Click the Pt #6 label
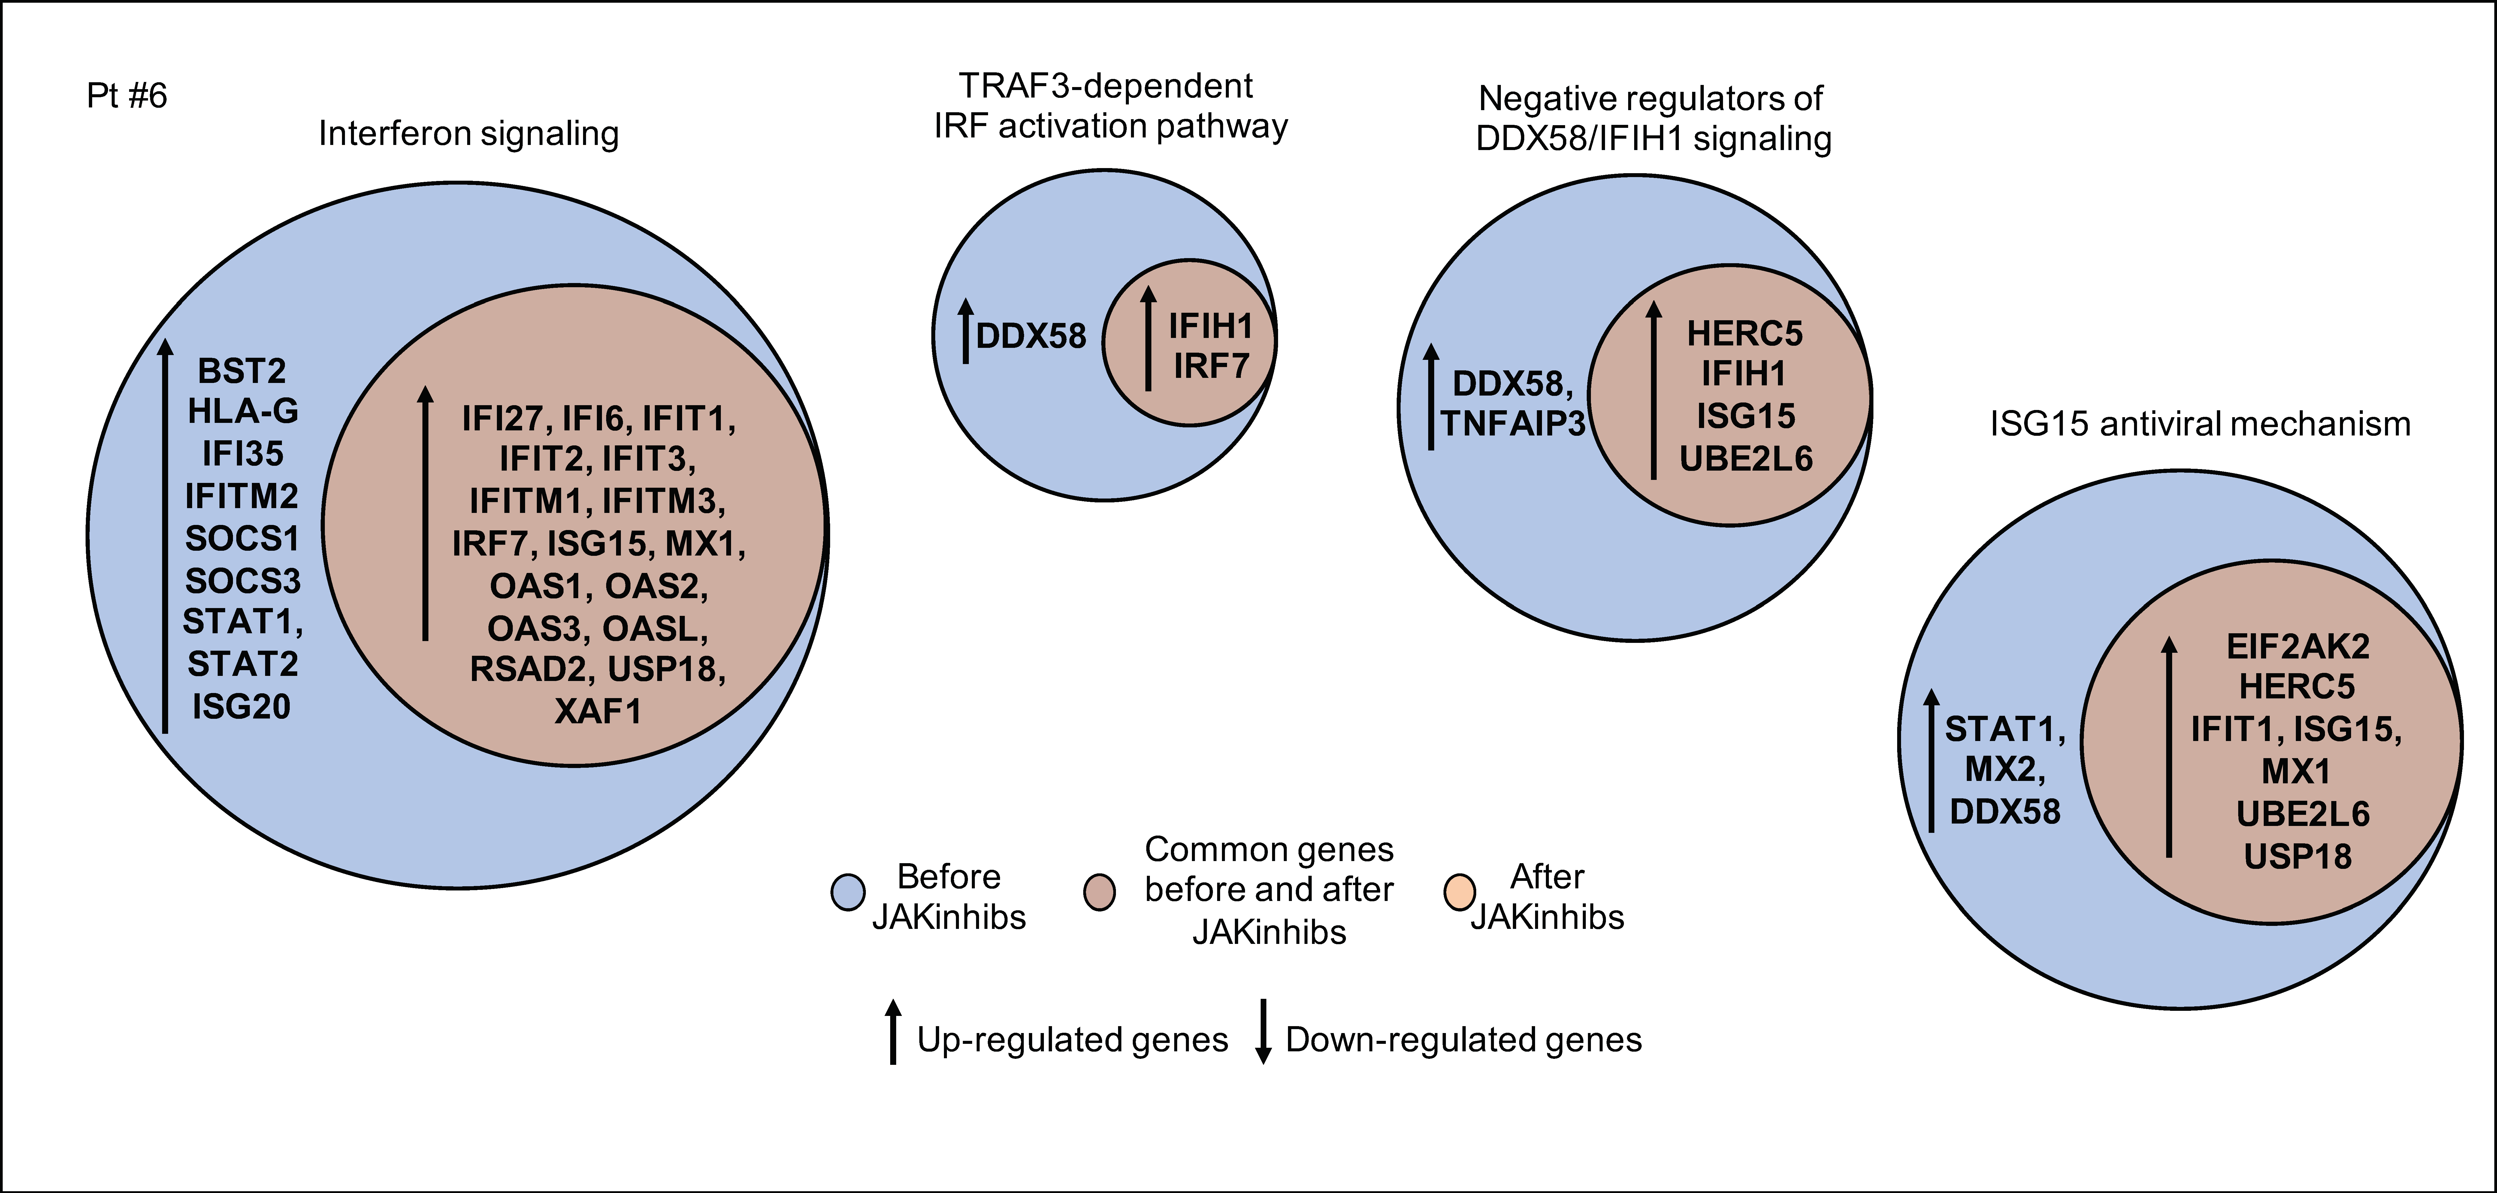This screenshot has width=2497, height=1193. [127, 96]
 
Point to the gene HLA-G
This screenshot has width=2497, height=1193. [242, 412]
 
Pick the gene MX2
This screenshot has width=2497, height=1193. [2005, 770]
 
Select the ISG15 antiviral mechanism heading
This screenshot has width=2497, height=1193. [2199, 423]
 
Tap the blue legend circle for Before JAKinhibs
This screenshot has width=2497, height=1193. [848, 892]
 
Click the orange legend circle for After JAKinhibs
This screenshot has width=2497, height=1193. [1459, 892]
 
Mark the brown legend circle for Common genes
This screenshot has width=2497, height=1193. [1099, 892]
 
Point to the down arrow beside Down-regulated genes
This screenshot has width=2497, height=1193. [1263, 1031]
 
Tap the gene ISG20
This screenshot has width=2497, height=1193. [241, 706]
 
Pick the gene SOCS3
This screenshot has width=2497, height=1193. [242, 580]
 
